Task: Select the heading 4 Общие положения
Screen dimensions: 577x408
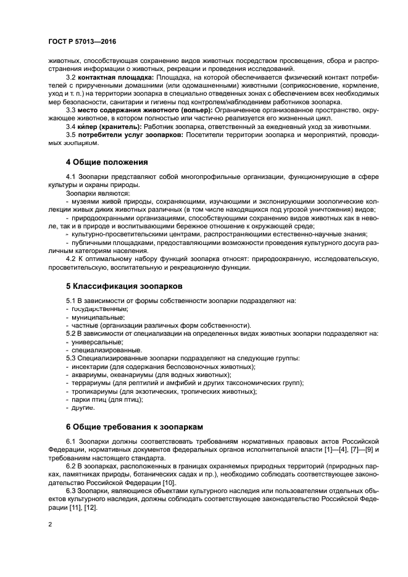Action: [107, 162]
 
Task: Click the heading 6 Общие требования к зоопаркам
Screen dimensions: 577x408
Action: [134, 426]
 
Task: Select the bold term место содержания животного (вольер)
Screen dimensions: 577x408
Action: [144, 109]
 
